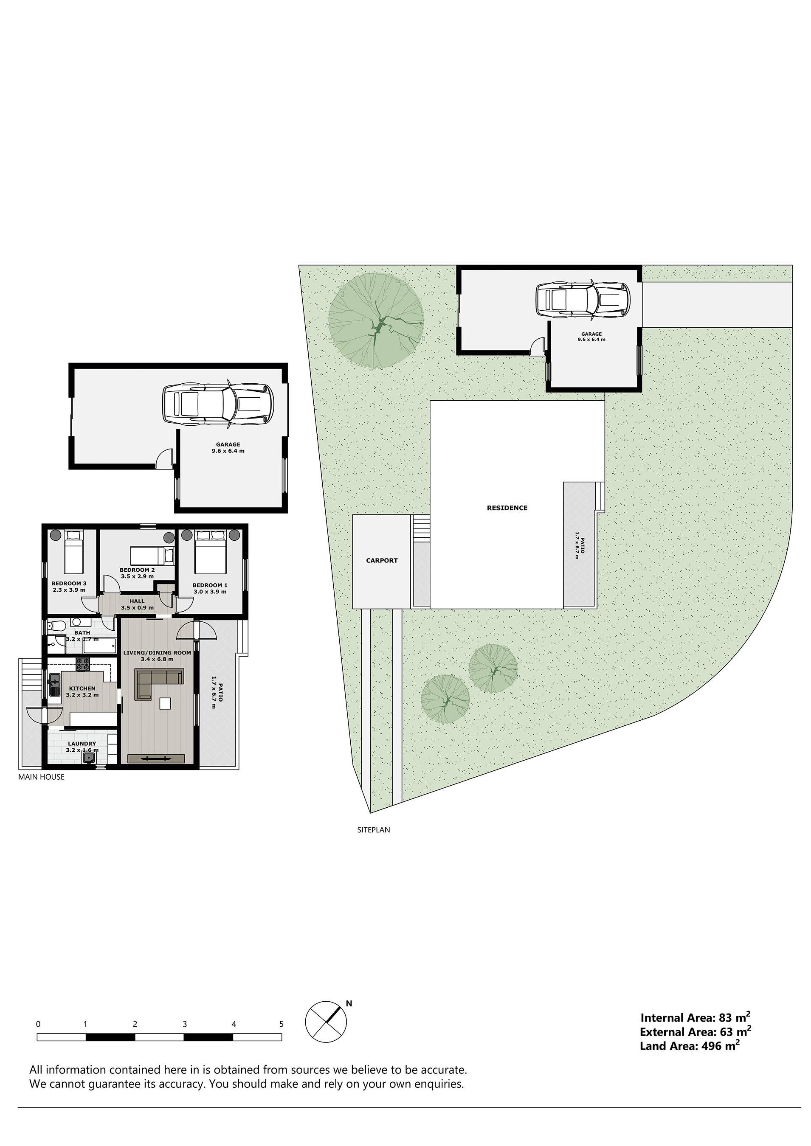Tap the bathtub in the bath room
[x=99, y=646]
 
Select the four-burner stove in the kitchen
[x=83, y=664]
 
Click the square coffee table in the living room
[x=165, y=703]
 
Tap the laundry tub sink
[x=89, y=758]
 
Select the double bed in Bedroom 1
[x=210, y=553]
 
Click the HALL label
[x=137, y=601]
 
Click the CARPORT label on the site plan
[x=382, y=561]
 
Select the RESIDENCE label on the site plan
[x=507, y=508]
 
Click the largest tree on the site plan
[x=375, y=321]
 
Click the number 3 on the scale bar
[x=184, y=1024]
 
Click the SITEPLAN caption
[x=374, y=829]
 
